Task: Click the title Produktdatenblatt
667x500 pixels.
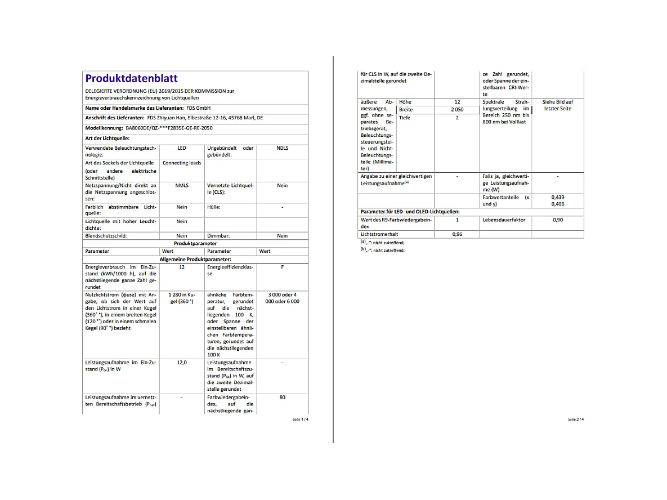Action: coord(131,79)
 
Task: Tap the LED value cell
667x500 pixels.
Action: coord(181,148)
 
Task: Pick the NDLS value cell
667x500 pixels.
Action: coord(282,148)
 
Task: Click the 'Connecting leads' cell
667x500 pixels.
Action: coord(181,163)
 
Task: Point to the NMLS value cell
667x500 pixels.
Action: coord(181,185)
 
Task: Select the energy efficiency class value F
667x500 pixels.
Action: coord(282,267)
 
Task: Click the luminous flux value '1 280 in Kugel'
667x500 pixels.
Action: coord(181,298)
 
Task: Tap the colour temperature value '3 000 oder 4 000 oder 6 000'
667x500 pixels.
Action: coord(282,298)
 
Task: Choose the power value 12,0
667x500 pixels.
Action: coord(181,363)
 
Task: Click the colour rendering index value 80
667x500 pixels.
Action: coord(282,398)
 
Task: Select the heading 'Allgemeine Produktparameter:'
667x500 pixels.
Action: coord(195,259)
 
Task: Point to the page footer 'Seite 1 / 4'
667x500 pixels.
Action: coord(300,419)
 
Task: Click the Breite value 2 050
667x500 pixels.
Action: coord(457,110)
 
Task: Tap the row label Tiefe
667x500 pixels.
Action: coord(405,118)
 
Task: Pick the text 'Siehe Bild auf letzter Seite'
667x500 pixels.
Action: coord(557,105)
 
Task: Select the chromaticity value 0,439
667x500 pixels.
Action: coord(557,197)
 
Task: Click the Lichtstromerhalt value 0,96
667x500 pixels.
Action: coord(457,234)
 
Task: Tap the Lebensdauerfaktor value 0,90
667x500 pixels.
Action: coord(557,220)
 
